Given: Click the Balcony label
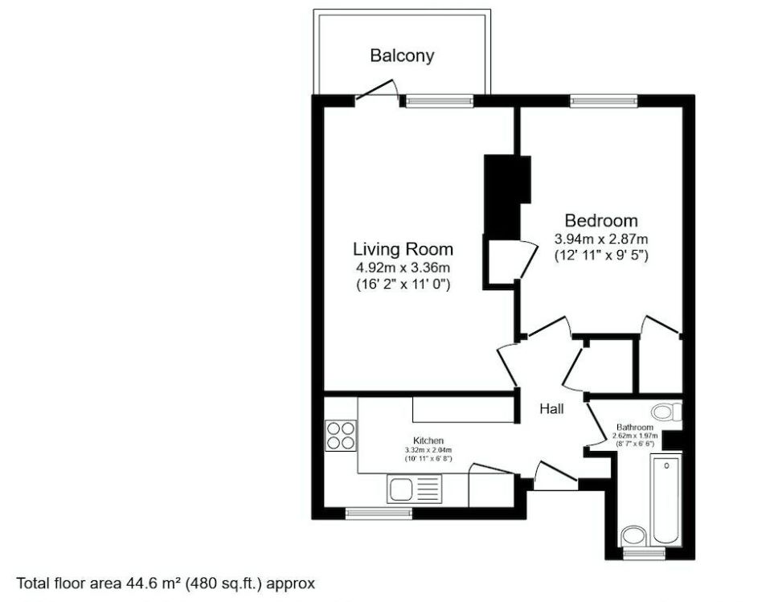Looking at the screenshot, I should click(x=402, y=55).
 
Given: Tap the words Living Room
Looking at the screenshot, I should click(x=403, y=248).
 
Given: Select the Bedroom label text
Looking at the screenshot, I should click(x=601, y=220).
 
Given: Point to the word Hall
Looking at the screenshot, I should click(x=551, y=409).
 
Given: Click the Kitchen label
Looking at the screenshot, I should click(x=428, y=441).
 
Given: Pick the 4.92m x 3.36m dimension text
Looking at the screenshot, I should click(x=403, y=267).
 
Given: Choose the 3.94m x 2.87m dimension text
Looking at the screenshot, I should click(x=601, y=239).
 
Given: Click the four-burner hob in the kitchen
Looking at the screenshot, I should click(x=340, y=435).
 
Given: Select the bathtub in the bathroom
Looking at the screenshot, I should click(x=667, y=499).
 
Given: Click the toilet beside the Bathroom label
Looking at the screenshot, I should click(x=666, y=412).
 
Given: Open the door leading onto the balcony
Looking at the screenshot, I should click(x=377, y=91).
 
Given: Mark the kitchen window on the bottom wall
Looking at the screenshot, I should click(x=377, y=512).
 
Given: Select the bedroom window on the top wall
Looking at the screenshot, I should click(x=604, y=100).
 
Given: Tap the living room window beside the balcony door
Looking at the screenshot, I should click(x=439, y=100).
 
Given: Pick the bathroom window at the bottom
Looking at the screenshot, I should click(x=644, y=553).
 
